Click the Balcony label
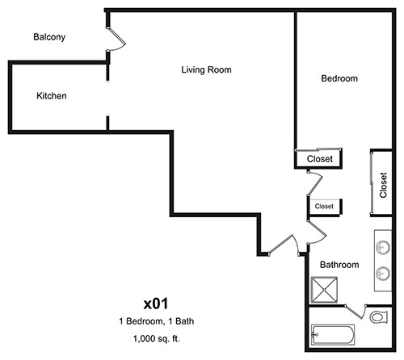click(x=49, y=37)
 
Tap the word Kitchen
click(x=52, y=96)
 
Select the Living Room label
click(x=206, y=70)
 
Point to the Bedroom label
click(x=339, y=78)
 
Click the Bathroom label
click(x=339, y=264)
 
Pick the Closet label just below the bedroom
click(x=320, y=160)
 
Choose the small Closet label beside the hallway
click(x=324, y=207)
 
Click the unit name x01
click(x=155, y=303)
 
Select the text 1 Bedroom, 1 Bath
click(x=155, y=322)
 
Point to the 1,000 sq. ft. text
click(x=155, y=338)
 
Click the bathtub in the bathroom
click(x=335, y=332)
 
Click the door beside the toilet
click(x=358, y=311)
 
